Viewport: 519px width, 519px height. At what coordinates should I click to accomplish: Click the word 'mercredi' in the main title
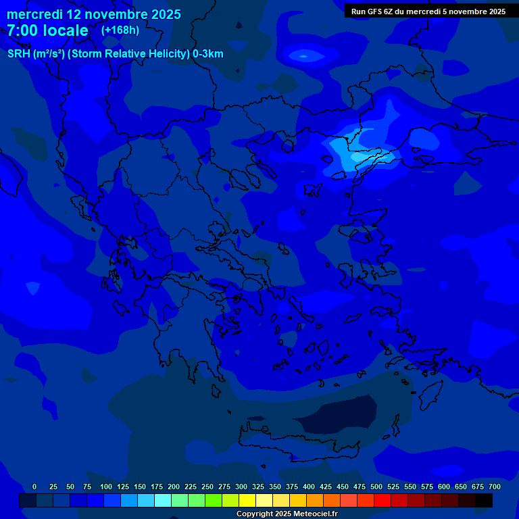[x=34, y=14]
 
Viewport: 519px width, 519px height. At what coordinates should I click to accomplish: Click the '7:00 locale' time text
[x=47, y=30]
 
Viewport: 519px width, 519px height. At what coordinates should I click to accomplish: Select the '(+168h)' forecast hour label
[x=120, y=30]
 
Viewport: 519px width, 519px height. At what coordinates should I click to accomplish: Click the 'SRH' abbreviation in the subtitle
[x=19, y=54]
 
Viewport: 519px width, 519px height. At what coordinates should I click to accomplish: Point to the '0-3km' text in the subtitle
[x=208, y=54]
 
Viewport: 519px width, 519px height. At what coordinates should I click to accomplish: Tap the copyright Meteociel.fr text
[x=287, y=514]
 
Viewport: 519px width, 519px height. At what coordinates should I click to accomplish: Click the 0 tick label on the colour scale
[x=34, y=487]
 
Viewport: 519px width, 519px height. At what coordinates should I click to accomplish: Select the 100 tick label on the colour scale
[x=105, y=487]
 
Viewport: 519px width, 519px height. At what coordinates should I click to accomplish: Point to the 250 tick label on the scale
[x=207, y=487]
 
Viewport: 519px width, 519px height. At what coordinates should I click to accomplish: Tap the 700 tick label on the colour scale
[x=494, y=487]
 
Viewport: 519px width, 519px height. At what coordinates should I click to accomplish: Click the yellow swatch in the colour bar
[x=247, y=501]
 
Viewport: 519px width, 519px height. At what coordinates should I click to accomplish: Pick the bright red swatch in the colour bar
[x=382, y=501]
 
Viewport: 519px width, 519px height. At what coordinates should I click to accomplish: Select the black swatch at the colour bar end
[x=484, y=501]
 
